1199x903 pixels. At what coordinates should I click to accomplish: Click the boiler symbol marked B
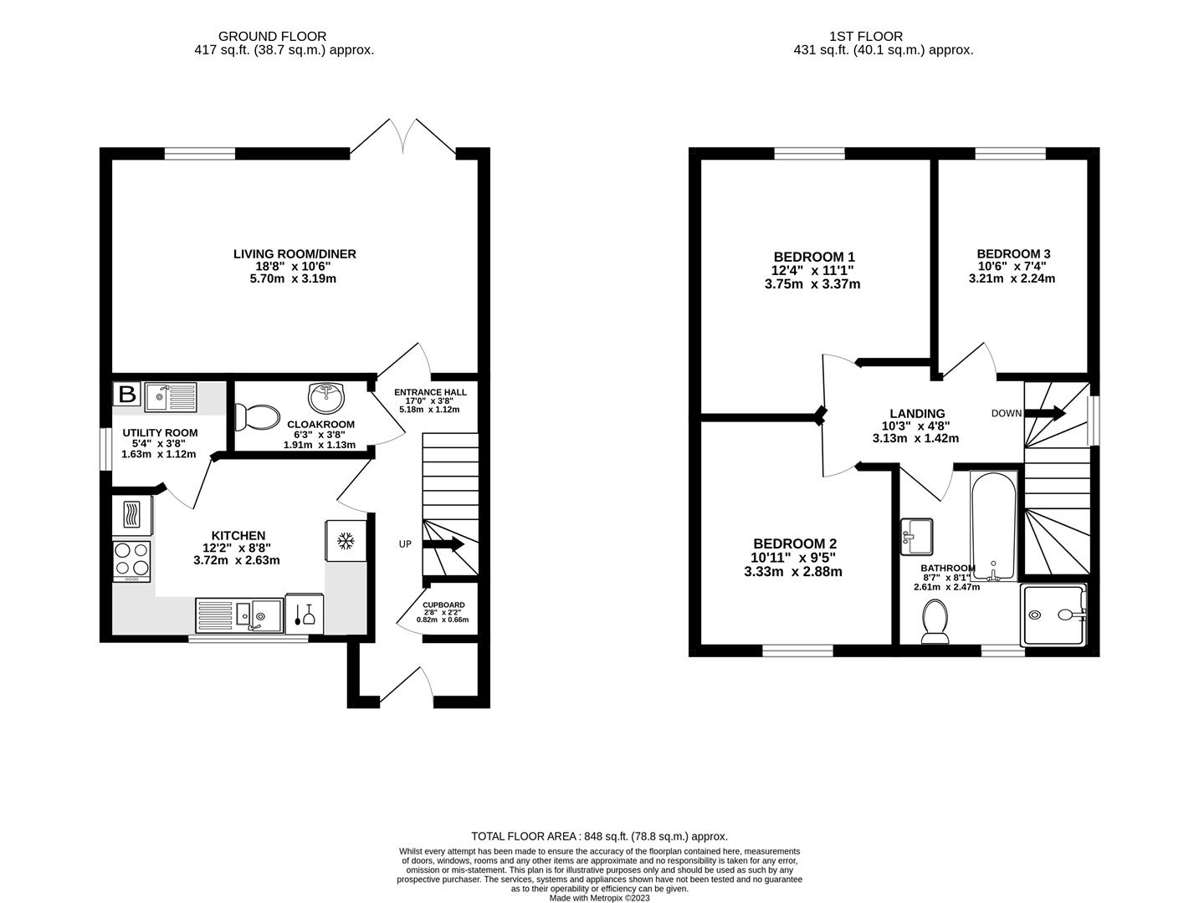[127, 394]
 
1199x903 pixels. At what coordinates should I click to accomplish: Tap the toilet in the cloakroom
[258, 416]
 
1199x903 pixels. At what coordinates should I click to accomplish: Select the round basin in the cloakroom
[326, 398]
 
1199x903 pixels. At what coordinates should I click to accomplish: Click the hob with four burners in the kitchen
[131, 561]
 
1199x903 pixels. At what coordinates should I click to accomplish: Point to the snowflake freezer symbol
[344, 542]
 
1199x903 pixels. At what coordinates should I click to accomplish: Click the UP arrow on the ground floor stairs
[443, 544]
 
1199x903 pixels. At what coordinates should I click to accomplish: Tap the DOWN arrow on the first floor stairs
[1046, 413]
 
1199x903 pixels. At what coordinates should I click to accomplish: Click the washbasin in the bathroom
[917, 536]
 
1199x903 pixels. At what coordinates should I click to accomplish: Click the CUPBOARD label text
[443, 605]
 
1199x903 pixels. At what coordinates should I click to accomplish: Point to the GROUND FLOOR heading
[272, 36]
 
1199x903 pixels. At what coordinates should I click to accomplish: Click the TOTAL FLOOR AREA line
[599, 835]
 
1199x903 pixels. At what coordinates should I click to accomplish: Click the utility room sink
[170, 397]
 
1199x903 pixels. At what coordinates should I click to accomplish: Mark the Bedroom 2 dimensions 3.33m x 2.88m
[792, 572]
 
